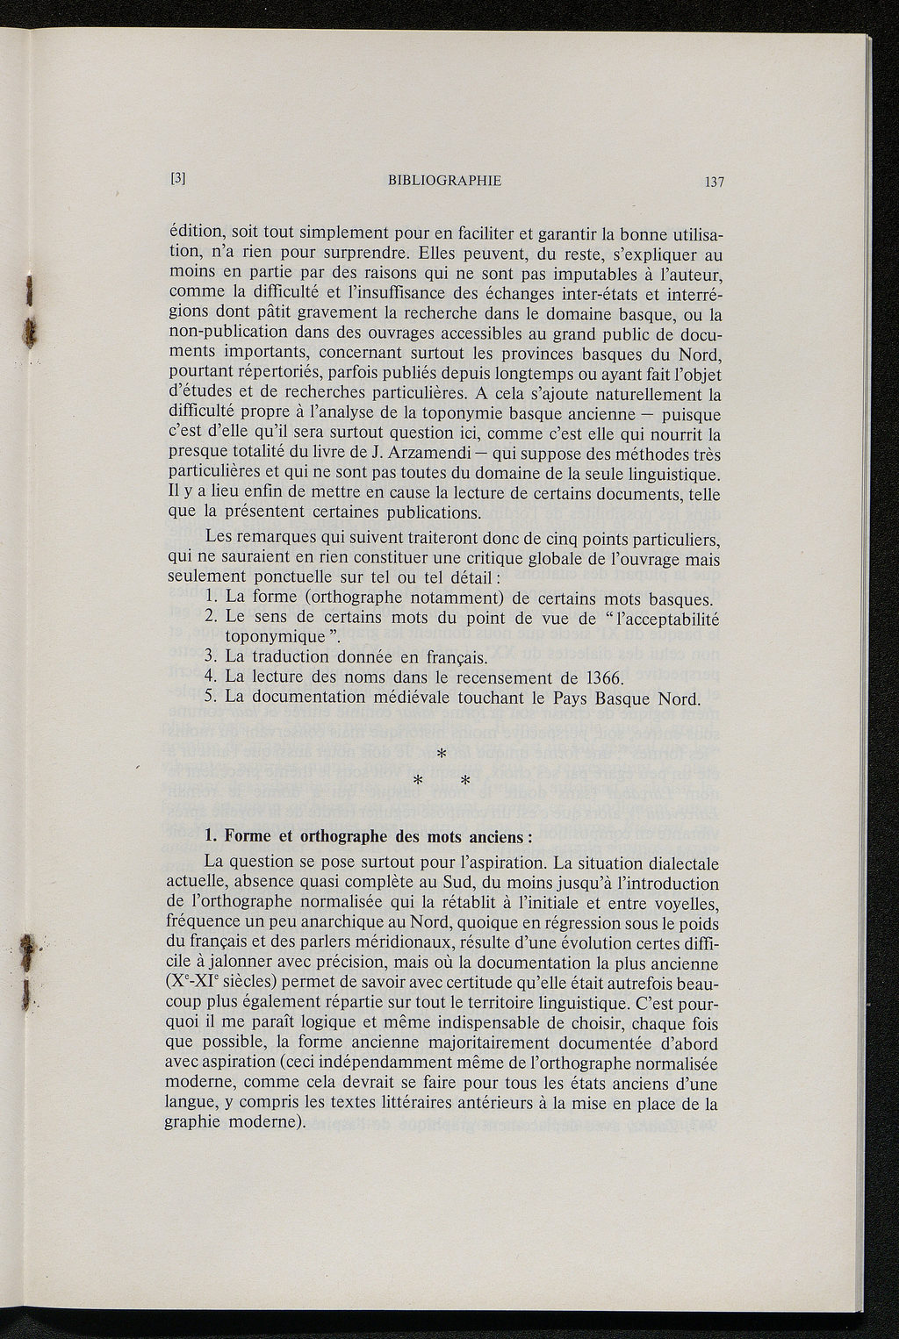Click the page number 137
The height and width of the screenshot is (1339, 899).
point(712,183)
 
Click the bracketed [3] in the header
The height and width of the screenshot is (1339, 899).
point(177,179)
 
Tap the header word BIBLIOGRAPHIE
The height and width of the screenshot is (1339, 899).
point(444,181)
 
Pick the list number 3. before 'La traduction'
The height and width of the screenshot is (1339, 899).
point(210,657)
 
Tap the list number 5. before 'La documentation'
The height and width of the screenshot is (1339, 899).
point(210,698)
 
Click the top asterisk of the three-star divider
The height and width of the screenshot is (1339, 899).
point(442,753)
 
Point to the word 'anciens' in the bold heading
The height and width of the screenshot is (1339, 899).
point(495,835)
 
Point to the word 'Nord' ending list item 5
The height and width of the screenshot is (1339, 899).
point(680,698)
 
